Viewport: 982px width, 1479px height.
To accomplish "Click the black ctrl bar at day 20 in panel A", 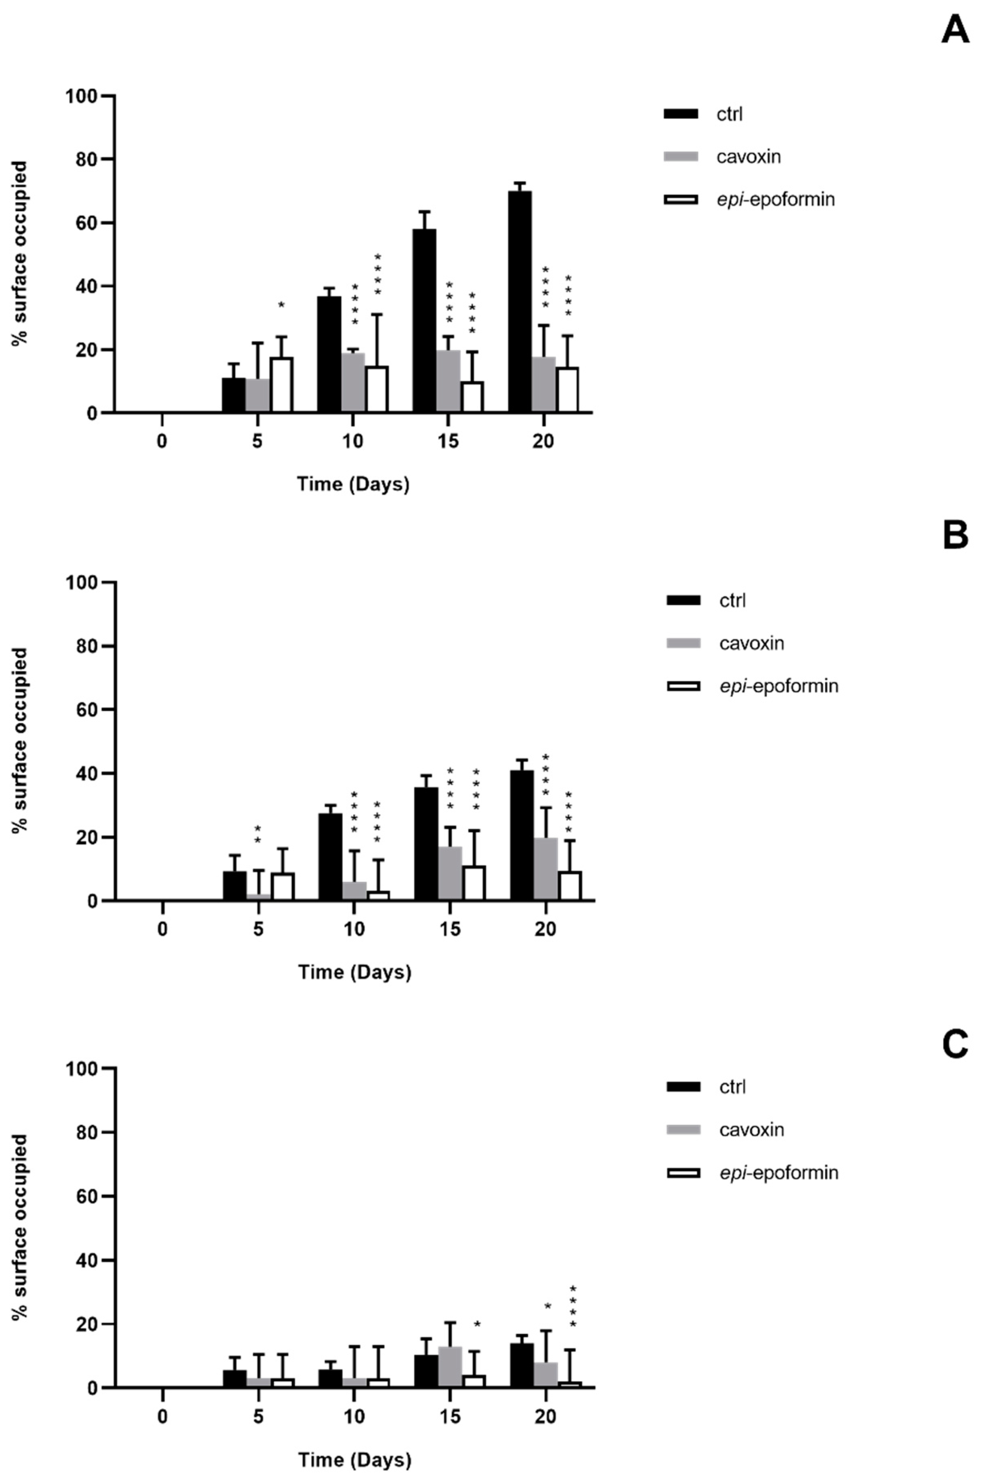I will pos(520,302).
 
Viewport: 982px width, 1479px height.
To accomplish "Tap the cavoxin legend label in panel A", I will pos(748,156).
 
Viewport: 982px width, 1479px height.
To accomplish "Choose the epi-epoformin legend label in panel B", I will pos(779,686).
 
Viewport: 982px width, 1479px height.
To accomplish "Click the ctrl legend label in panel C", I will pos(732,1087).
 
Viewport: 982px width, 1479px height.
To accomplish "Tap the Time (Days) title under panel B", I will pos(354,972).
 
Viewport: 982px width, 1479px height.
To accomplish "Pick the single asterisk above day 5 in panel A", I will pos(281,306).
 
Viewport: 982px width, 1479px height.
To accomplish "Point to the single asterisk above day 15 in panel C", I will pos(477,1325).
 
